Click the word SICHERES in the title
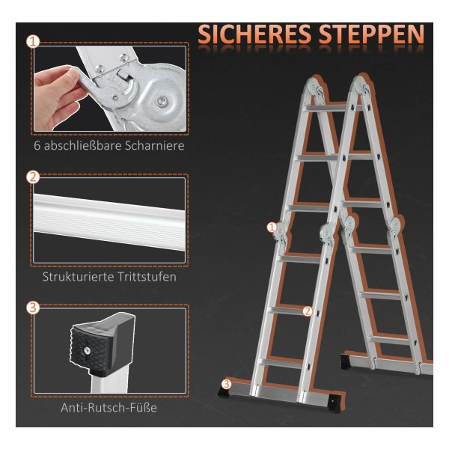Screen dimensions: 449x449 coord(254,34)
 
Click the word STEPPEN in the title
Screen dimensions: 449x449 coord(371,34)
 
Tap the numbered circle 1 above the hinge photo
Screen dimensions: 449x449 coord(33,42)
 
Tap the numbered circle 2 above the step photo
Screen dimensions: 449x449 coord(33,177)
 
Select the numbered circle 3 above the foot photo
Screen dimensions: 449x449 coord(33,308)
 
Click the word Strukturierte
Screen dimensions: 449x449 coord(78,277)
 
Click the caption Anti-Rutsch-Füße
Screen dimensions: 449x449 coord(109,408)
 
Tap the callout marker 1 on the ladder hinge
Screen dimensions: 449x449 coord(272,227)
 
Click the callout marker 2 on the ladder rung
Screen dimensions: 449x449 coord(308,311)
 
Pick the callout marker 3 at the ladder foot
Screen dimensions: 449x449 coord(227,384)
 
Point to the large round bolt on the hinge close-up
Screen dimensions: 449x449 coord(161,101)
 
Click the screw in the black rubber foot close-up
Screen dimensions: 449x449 coord(87,350)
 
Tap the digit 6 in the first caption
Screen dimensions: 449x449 coord(37,146)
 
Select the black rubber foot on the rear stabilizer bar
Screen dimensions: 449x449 coord(345,362)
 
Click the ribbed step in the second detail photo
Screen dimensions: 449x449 coord(109,221)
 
